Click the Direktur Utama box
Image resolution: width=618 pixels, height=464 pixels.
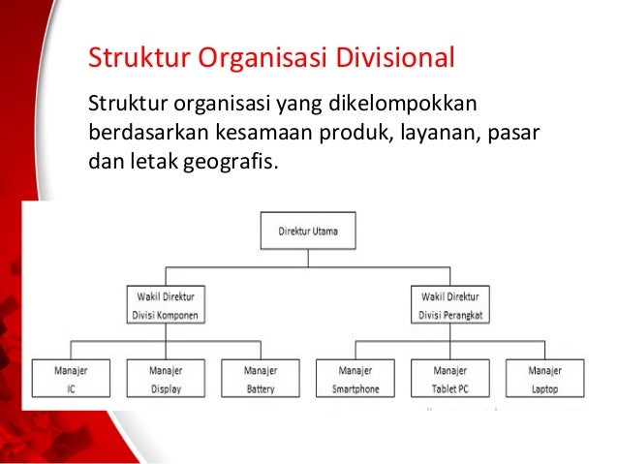[308, 231]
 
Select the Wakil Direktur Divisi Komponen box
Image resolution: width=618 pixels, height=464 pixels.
[166, 305]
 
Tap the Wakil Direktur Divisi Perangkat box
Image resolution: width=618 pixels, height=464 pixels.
[450, 305]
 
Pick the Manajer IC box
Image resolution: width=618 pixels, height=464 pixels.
[71, 378]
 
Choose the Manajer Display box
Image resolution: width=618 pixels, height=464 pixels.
[166, 378]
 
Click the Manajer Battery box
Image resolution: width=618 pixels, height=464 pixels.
[261, 378]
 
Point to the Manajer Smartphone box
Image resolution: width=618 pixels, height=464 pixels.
[355, 378]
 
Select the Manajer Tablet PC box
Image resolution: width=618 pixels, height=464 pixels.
[450, 378]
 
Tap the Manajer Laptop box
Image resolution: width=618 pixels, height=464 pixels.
[545, 378]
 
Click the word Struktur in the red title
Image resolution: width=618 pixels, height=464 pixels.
[139, 57]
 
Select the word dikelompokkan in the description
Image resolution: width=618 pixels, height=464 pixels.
[402, 104]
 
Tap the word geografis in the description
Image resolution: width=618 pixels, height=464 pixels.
[231, 162]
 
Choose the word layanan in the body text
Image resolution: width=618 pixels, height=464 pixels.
[441, 134]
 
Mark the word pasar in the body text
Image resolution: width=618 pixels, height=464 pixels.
[513, 134]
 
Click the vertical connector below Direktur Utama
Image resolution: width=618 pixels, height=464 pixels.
[308, 259]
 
